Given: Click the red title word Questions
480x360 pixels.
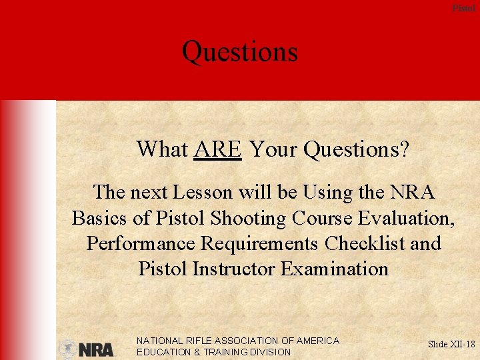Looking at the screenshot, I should click(239, 52).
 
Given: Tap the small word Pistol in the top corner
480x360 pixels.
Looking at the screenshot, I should click(464, 8).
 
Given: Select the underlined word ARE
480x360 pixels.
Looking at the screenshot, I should click(217, 149).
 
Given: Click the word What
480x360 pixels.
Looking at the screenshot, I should click(162, 149).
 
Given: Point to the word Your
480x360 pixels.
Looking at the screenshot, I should click(271, 149).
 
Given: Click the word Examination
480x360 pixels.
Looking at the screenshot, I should click(334, 269).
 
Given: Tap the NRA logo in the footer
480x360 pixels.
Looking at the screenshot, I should click(87, 349).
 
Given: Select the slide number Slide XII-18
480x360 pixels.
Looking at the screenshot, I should click(451, 344).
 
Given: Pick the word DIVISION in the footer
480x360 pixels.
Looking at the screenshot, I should click(268, 352).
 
